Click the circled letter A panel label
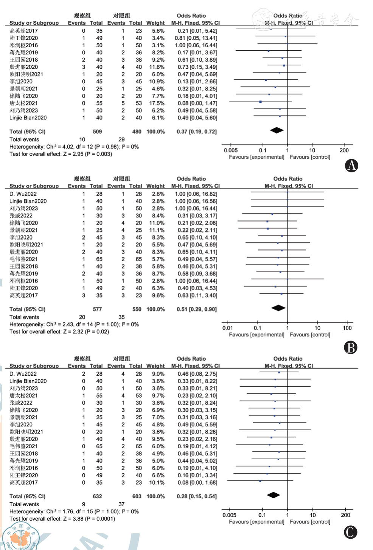pos(351,166)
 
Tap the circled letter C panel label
pos(350,532)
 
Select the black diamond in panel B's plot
pos(278,308)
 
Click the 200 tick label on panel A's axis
pos(344,150)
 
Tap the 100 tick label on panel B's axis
pos(347,328)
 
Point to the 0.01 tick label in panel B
pos(227,328)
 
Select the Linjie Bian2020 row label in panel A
pos(28,118)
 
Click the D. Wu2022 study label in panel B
pos(23,194)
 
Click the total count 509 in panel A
pos(97,132)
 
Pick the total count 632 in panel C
pos(97,496)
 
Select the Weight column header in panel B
pos(155,186)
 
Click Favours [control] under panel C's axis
pos(310,522)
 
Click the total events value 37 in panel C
pos(121,504)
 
